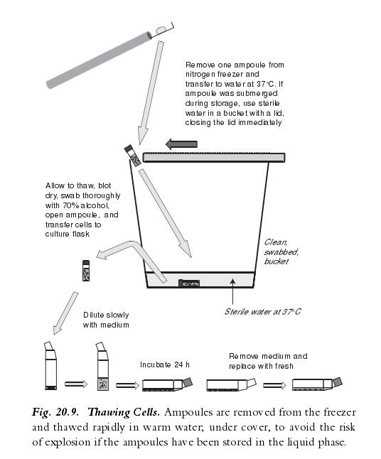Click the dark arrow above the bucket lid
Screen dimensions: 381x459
(181, 144)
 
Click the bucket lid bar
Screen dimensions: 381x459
(214, 157)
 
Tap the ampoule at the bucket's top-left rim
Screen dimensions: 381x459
(133, 156)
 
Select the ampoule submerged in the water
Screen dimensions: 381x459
(189, 283)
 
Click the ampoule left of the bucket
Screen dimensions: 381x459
(86, 271)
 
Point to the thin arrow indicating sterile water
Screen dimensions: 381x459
(232, 291)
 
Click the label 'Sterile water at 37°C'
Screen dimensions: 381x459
(262, 311)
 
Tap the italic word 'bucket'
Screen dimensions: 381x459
(277, 261)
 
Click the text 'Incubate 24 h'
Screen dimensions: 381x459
(165, 364)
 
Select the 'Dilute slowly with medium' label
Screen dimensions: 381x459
(106, 320)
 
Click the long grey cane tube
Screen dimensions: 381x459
(99, 60)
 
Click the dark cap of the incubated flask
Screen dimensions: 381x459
(188, 382)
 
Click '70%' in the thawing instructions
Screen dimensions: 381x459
(69, 205)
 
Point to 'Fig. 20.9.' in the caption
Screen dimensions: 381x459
(55, 412)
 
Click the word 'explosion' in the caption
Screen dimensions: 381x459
(65, 442)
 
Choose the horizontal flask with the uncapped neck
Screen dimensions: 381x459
(231, 384)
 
